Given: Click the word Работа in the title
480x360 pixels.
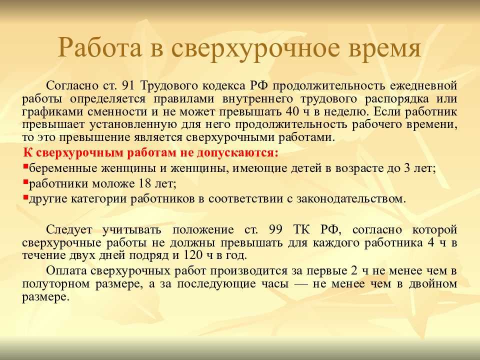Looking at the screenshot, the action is click(x=100, y=47).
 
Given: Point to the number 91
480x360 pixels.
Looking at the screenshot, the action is click(x=128, y=85).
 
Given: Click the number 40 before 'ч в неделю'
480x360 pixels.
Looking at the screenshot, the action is click(x=292, y=111).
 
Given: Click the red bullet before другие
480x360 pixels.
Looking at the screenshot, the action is click(x=25, y=197).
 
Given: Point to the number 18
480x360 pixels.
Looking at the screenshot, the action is click(x=145, y=183).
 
